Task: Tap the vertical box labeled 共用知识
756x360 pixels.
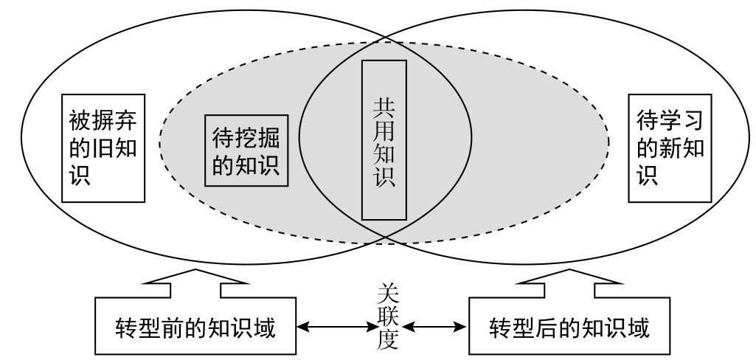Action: [x=384, y=140]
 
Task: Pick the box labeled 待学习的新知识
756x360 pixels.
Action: [x=670, y=148]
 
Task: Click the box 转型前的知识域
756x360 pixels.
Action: [x=195, y=327]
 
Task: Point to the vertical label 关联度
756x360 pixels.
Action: [x=385, y=318]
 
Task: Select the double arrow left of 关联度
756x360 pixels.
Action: [x=332, y=326]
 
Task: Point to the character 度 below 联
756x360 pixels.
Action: [x=385, y=340]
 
